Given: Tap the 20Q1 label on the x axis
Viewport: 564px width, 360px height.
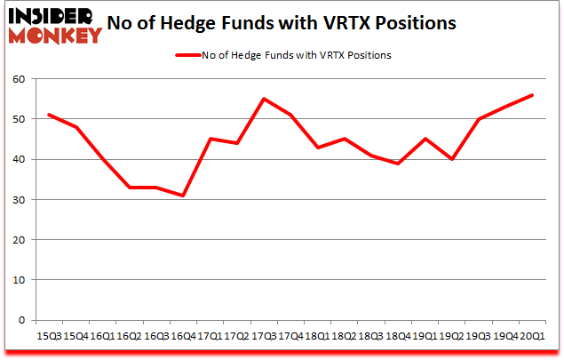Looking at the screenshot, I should click(x=533, y=335).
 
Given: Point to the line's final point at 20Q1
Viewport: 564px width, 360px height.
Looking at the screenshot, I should click(x=533, y=95).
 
